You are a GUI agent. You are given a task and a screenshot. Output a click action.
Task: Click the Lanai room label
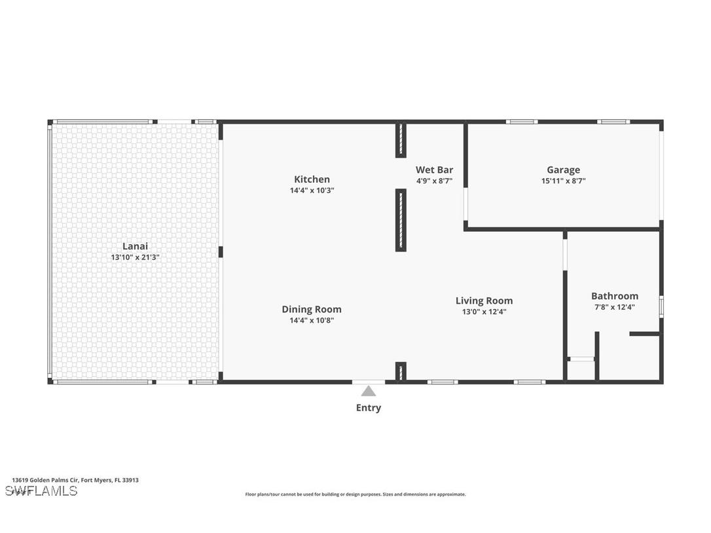pyautogui.click(x=135, y=246)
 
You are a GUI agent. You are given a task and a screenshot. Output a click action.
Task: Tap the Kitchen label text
pyautogui.click(x=312, y=179)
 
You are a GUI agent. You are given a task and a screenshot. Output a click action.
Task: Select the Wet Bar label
pyautogui.click(x=434, y=170)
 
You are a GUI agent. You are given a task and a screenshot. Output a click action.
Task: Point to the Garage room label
pyautogui.click(x=563, y=170)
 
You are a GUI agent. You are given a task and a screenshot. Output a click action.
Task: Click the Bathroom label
pyautogui.click(x=614, y=296)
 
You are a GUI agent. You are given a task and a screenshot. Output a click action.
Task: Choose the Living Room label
pyautogui.click(x=484, y=301)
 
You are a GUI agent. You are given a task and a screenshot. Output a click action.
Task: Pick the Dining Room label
pyautogui.click(x=312, y=309)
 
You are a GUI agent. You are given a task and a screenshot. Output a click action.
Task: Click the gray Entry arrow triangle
pyautogui.click(x=369, y=392)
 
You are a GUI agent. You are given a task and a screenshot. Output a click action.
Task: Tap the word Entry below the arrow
pyautogui.click(x=369, y=408)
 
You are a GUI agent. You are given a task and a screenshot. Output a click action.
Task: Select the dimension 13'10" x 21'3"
pyautogui.click(x=135, y=257)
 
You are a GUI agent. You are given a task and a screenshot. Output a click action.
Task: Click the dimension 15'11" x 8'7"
pyautogui.click(x=563, y=181)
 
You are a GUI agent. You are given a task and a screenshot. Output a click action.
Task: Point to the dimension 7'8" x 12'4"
pyautogui.click(x=614, y=306)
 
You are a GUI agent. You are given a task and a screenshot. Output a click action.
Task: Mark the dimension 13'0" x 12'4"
pyautogui.click(x=484, y=312)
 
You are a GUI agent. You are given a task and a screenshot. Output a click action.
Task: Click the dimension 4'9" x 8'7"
pyautogui.click(x=434, y=181)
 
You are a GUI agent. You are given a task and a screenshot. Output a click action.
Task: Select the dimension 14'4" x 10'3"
pyautogui.click(x=312, y=191)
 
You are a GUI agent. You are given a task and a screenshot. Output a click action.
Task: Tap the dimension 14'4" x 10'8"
pyautogui.click(x=312, y=320)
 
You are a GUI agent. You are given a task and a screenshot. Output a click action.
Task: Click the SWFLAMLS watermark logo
pyautogui.click(x=41, y=490)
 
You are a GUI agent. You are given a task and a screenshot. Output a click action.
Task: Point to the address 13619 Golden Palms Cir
pyautogui.click(x=75, y=480)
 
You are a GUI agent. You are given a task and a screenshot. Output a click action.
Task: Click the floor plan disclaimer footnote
pyautogui.click(x=355, y=494)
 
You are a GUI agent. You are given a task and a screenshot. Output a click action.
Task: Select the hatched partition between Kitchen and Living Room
pyautogui.click(x=401, y=220)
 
